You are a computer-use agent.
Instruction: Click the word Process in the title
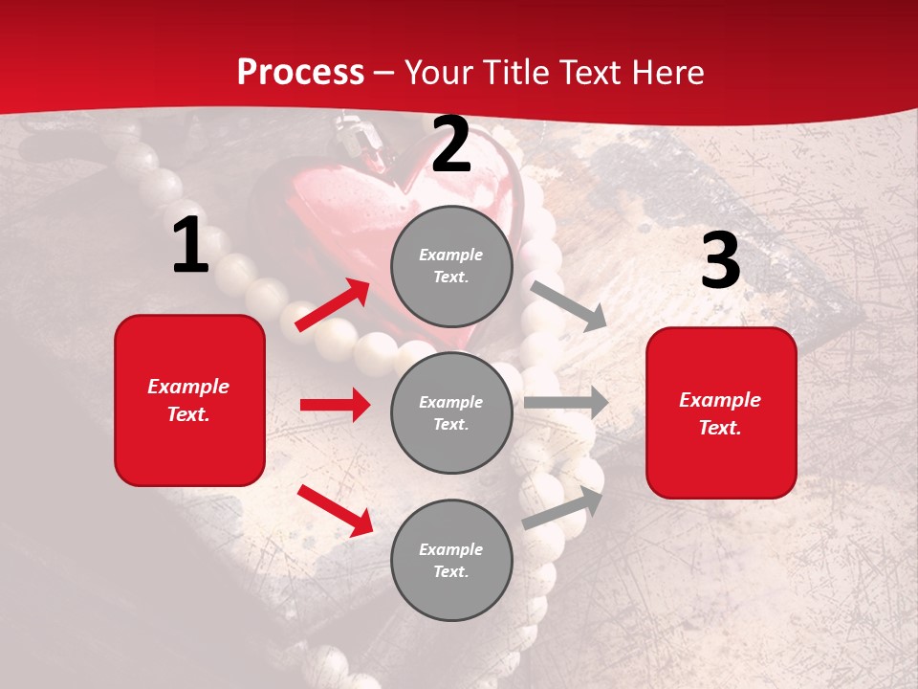click(300, 73)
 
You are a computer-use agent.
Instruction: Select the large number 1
click(190, 246)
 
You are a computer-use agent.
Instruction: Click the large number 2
click(451, 144)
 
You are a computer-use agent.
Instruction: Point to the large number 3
click(720, 261)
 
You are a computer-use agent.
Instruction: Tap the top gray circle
click(451, 266)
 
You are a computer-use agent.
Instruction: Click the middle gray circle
click(451, 412)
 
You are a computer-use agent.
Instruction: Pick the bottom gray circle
click(451, 560)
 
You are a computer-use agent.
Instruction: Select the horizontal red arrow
click(335, 405)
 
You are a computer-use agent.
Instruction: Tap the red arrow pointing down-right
click(335, 510)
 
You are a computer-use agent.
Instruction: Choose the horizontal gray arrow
click(566, 402)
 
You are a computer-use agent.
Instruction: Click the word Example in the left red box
click(188, 387)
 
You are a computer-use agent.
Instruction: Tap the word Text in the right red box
click(719, 428)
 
